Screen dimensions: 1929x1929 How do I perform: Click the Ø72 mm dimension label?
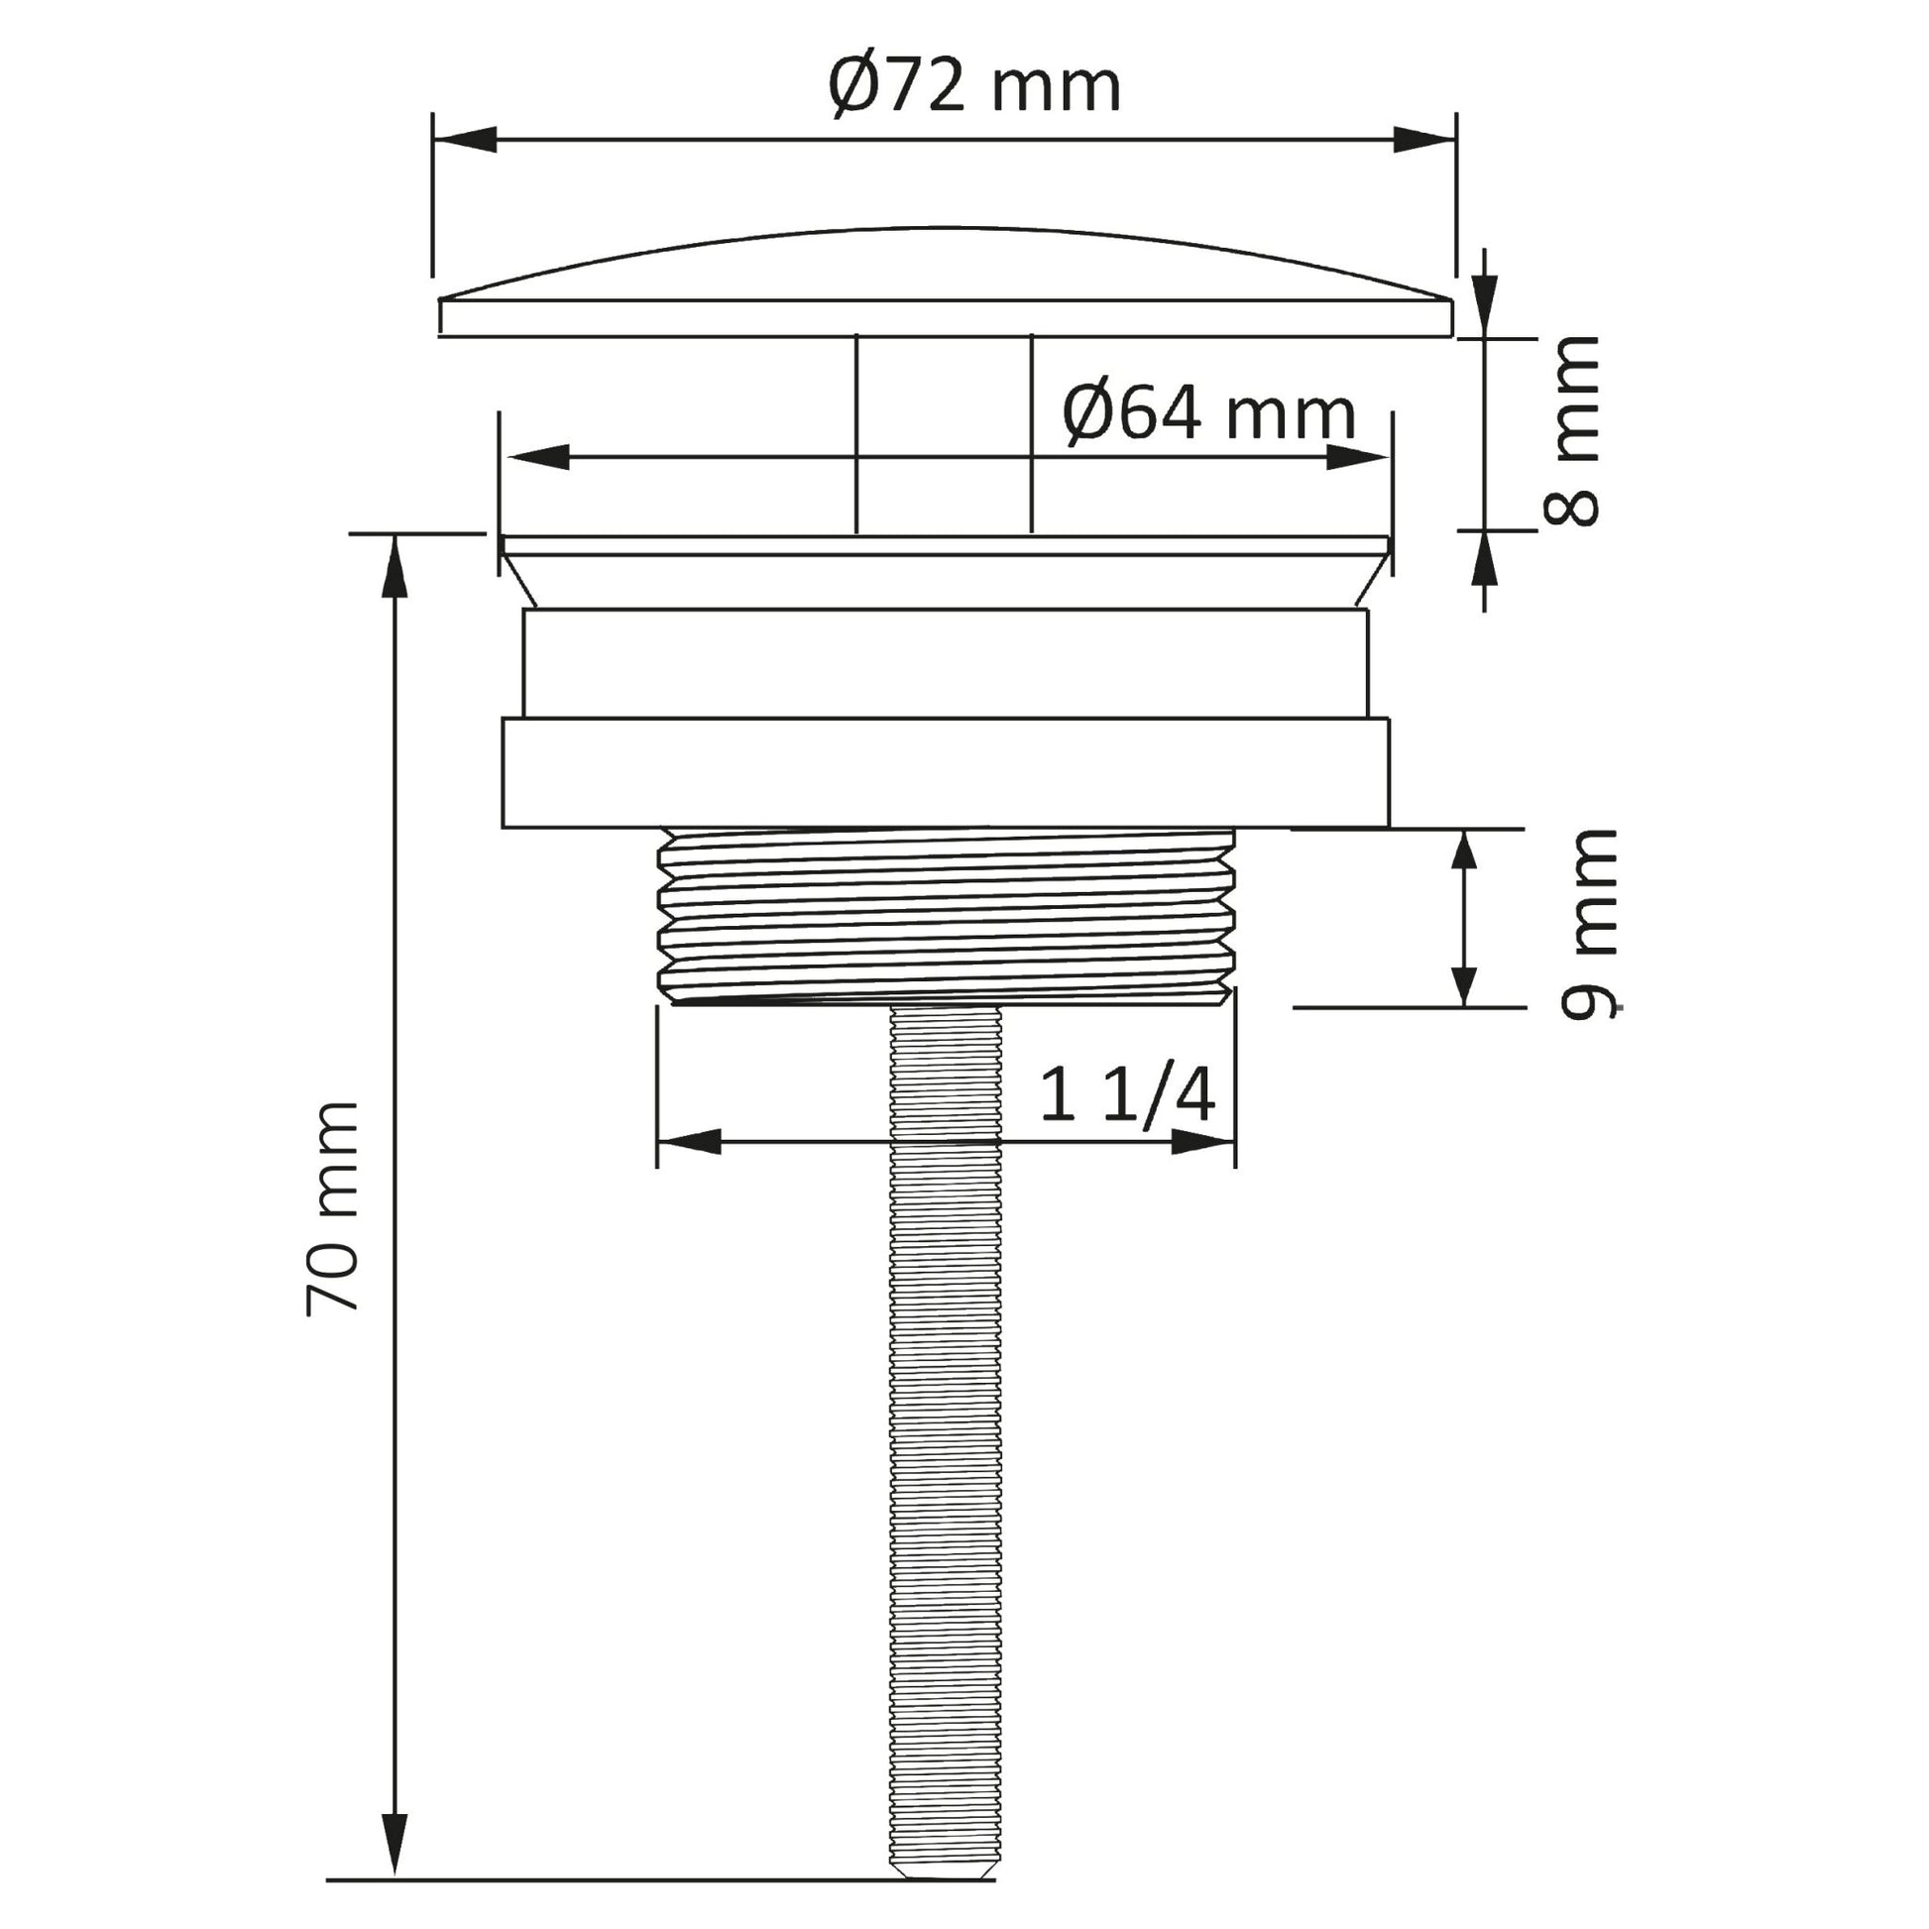974,87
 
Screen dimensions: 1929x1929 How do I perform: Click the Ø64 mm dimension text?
1209,413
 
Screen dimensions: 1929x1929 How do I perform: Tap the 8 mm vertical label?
1570,430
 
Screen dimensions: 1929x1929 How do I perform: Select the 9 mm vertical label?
1588,923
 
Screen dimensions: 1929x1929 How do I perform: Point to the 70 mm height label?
332,1208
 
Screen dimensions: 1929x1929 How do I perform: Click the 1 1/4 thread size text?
1127,1094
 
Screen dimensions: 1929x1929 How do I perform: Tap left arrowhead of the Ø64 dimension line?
538,457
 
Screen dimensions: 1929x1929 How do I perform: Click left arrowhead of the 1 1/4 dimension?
689,1141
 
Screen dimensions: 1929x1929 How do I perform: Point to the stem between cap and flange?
944,434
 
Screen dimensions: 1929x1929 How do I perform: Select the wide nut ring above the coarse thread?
945,773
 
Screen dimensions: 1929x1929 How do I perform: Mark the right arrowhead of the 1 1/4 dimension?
1203,1141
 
